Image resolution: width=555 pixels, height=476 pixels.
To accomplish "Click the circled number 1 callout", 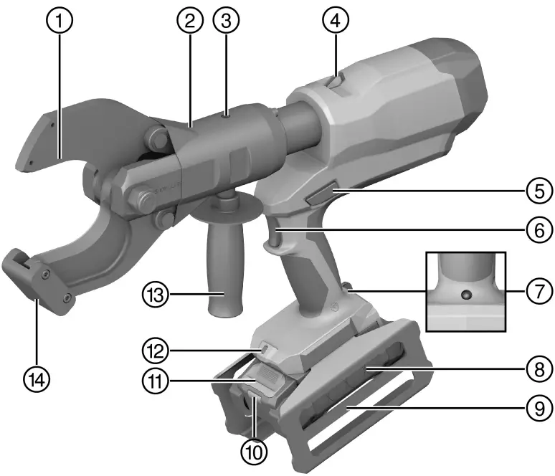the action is (60, 20).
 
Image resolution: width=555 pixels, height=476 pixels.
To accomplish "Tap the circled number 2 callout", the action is (190, 20).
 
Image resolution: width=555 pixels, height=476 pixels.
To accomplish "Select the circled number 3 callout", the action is (226, 20).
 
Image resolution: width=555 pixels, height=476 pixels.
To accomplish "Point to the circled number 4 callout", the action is (336, 20).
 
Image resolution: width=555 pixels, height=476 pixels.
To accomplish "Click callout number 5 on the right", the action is (539, 191).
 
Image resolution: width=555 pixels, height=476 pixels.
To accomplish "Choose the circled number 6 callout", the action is (539, 230).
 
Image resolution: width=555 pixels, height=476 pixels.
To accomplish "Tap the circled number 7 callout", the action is (539, 291).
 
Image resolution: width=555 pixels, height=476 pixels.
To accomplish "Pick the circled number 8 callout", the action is (539, 368).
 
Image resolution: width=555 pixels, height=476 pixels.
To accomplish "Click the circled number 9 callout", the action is (539, 408).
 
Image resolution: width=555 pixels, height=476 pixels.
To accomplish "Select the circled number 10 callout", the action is (254, 451).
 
